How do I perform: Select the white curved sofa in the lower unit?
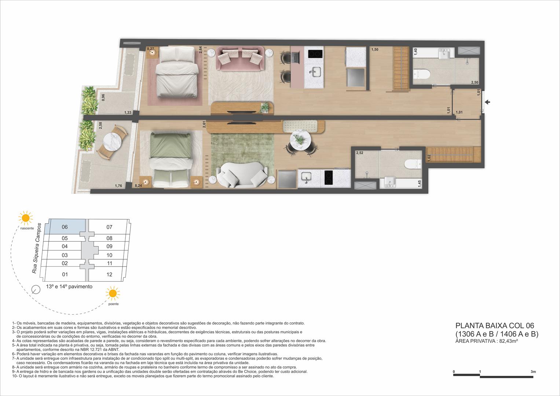point(242,176)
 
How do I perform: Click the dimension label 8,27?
point(150,48)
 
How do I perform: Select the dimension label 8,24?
point(138,186)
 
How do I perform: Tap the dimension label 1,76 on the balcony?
point(118,186)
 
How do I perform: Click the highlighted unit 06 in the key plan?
point(65,227)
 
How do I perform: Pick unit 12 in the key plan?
point(109,275)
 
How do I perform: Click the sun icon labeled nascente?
point(26,218)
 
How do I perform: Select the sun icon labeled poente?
point(113,294)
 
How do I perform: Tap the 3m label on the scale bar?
point(533,372)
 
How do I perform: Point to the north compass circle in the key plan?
point(36,289)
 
